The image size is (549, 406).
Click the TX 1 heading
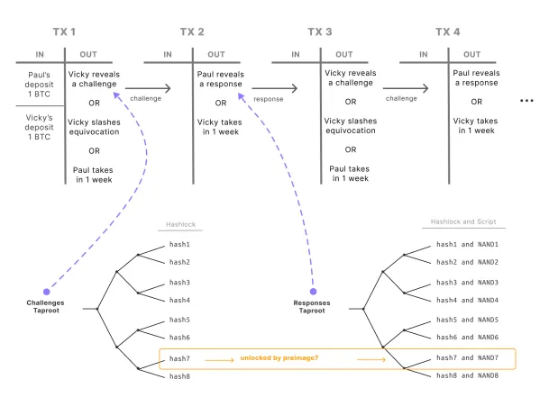coord(65,32)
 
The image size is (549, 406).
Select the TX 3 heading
coord(320,32)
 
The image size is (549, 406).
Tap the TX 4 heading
coord(448,32)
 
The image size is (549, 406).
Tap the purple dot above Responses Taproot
coord(313,292)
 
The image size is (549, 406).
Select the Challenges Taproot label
coord(45,307)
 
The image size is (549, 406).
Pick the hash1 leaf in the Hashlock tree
coord(180,245)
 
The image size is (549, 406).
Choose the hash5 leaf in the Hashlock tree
coord(180,320)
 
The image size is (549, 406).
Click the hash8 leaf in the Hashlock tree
coord(180,376)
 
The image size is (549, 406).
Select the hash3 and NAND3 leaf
coord(467,282)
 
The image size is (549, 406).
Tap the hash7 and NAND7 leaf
coord(467,357)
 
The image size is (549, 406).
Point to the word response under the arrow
coord(269,99)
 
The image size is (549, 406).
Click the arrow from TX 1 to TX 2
coord(146,88)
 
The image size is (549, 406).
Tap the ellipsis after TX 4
coord(528,101)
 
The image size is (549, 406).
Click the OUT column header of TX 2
coord(217,54)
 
